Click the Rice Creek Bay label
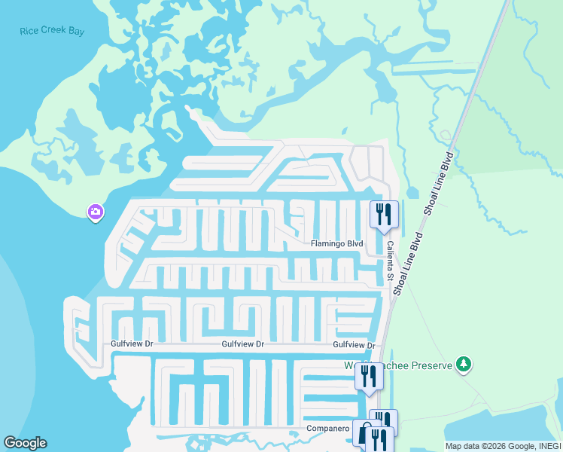click(52, 32)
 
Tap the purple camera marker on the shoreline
click(95, 213)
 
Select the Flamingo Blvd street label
click(337, 244)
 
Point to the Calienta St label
click(391, 261)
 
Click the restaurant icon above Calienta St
click(384, 214)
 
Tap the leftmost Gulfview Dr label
click(132, 344)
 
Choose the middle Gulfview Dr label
click(242, 344)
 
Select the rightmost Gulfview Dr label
click(354, 344)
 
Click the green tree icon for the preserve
click(464, 365)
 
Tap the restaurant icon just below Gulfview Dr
click(369, 376)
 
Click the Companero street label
click(327, 428)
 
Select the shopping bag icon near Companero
click(364, 434)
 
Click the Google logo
click(25, 443)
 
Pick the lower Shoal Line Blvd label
click(409, 264)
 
